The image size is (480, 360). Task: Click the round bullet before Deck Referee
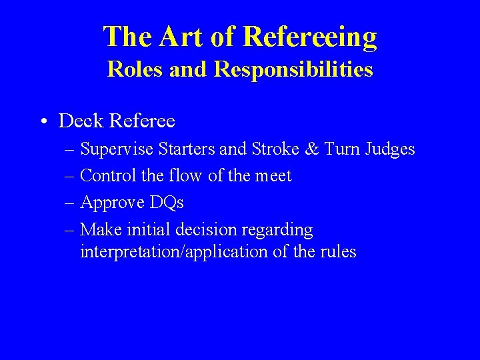tap(42, 121)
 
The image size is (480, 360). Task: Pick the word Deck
tap(81, 121)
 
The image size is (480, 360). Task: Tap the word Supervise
tap(115, 149)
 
